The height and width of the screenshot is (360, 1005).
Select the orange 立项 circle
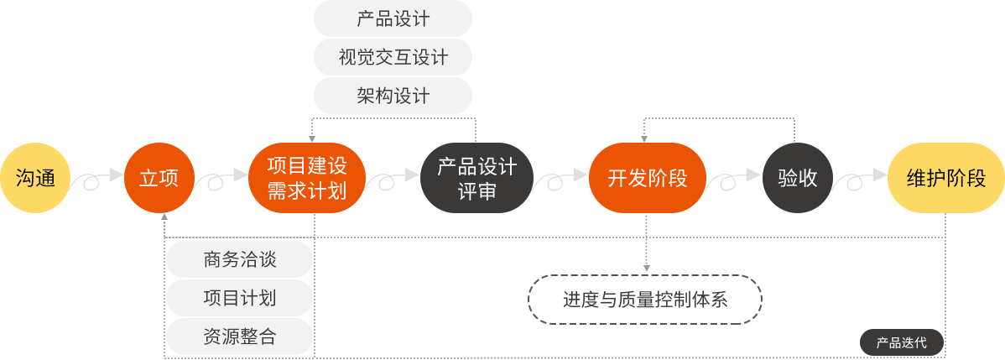(x=159, y=178)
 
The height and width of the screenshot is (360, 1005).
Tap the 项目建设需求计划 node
(x=306, y=178)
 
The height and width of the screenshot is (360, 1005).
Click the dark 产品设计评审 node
(x=476, y=178)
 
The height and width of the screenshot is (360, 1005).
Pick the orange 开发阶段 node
(x=647, y=178)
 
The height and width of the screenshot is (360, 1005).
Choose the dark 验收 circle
(x=797, y=178)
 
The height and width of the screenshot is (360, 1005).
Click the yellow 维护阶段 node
(x=945, y=178)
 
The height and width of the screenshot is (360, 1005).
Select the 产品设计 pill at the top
(x=393, y=19)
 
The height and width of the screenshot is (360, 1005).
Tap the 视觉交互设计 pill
(x=393, y=58)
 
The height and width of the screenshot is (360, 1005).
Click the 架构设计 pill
(x=393, y=97)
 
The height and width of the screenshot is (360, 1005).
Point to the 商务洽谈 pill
(x=239, y=260)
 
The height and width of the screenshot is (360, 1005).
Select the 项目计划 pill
(x=239, y=299)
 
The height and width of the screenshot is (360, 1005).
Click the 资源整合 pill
(x=239, y=337)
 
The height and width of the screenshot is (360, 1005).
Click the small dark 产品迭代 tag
(x=901, y=342)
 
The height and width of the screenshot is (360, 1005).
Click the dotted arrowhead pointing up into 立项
(x=164, y=217)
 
